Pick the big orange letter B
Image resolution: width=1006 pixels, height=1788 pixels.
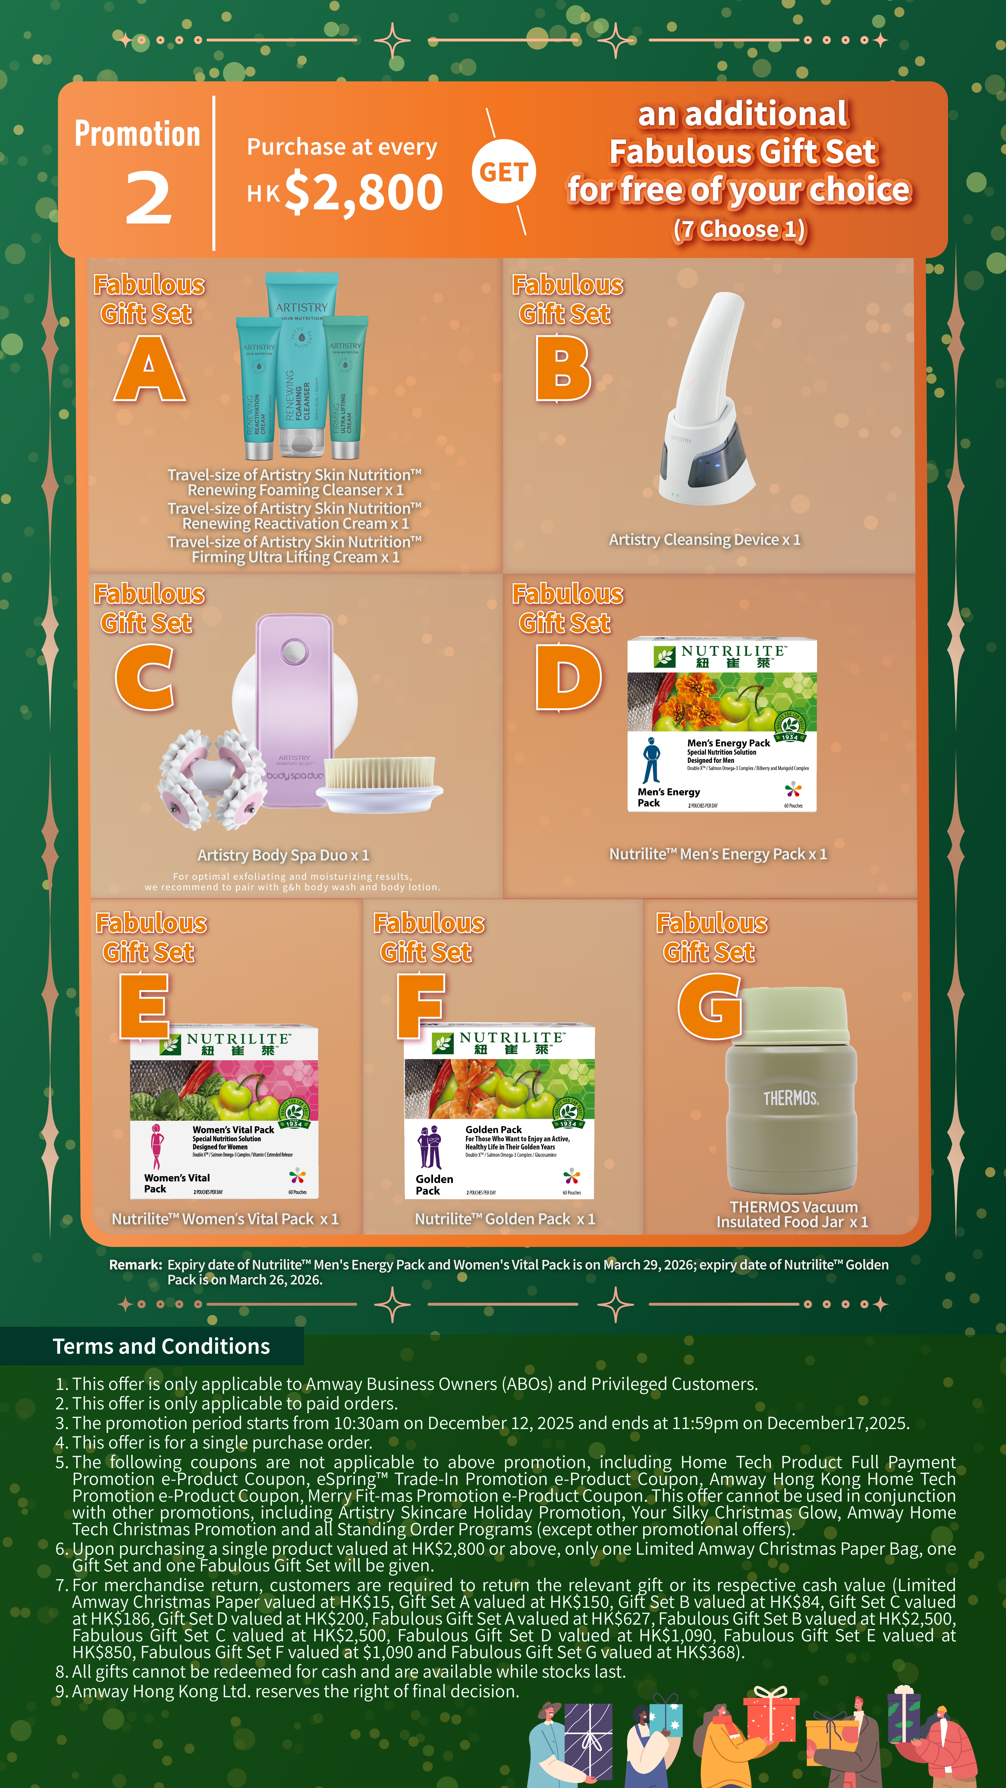tap(563, 369)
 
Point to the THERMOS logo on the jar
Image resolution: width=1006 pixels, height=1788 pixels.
tap(791, 1098)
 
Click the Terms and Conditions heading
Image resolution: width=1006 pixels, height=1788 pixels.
tap(161, 1347)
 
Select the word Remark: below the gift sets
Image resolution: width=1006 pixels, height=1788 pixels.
tap(135, 1265)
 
